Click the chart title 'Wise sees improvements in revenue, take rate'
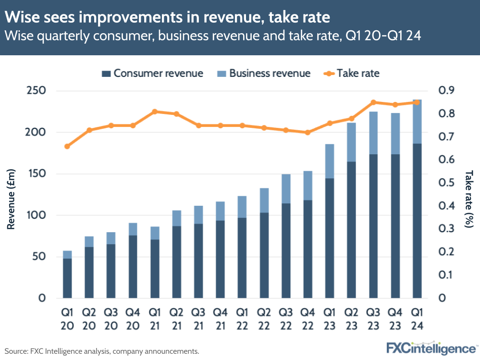click(x=167, y=18)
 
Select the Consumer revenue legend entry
click(x=152, y=74)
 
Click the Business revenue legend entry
click(x=264, y=74)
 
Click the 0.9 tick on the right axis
click(x=445, y=91)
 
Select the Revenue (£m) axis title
click(x=11, y=194)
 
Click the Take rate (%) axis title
click(x=469, y=194)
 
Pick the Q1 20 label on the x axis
click(x=67, y=318)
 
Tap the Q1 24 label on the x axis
click(x=417, y=318)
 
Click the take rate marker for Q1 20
click(x=67, y=146)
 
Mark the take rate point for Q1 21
click(x=155, y=112)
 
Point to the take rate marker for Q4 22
click(x=308, y=132)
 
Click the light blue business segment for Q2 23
click(x=351, y=142)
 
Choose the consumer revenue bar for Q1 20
click(x=67, y=278)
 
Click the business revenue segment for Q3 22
click(x=286, y=188)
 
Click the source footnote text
click(x=102, y=351)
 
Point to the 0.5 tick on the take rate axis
click(x=445, y=183)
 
